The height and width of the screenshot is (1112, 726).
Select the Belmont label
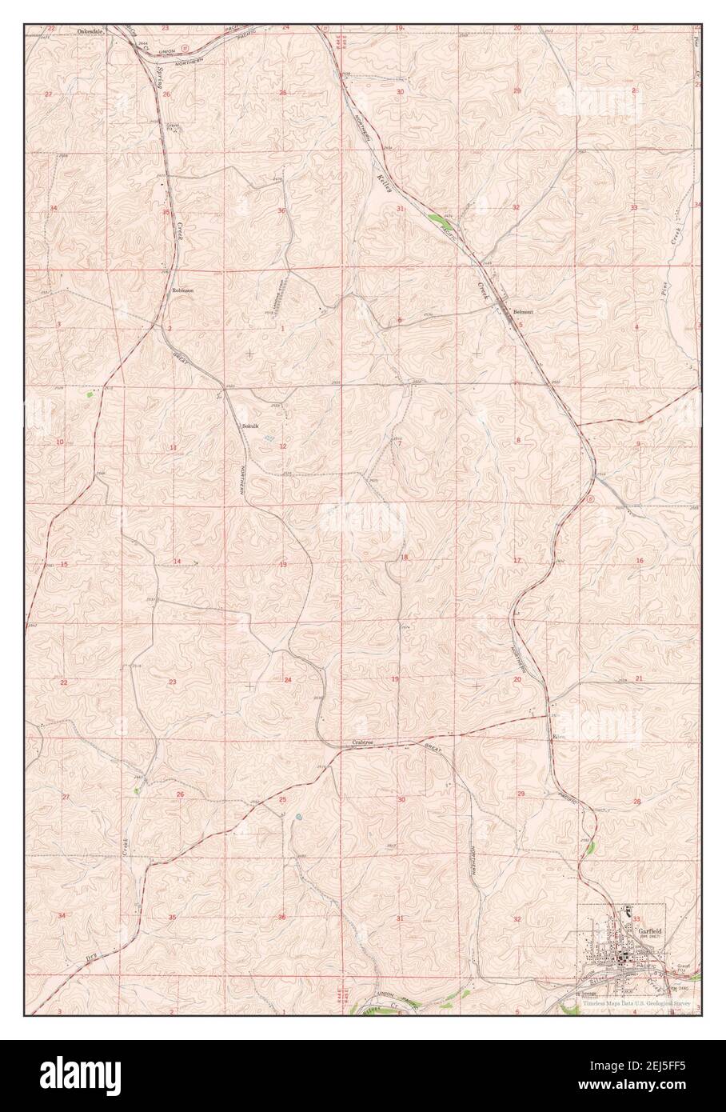click(523, 311)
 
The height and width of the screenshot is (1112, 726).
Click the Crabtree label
click(364, 743)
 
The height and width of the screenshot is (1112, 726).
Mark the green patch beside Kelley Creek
click(439, 218)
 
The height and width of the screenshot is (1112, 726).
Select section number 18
click(405, 558)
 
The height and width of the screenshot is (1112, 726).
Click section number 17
click(517, 560)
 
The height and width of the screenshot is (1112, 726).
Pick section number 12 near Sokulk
click(282, 446)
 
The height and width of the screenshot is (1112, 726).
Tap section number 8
click(517, 441)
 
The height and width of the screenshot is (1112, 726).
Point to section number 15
click(63, 565)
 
